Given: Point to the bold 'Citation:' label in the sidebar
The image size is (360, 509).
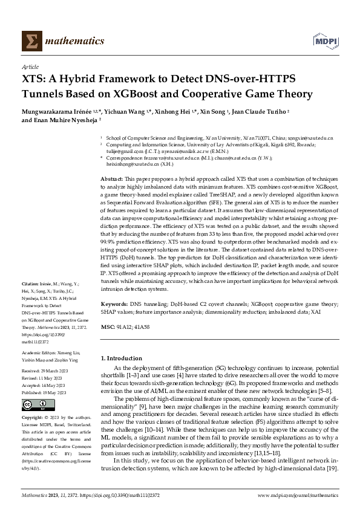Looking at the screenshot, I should click(31, 283).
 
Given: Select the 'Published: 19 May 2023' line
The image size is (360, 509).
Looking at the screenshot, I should click(48, 392).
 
